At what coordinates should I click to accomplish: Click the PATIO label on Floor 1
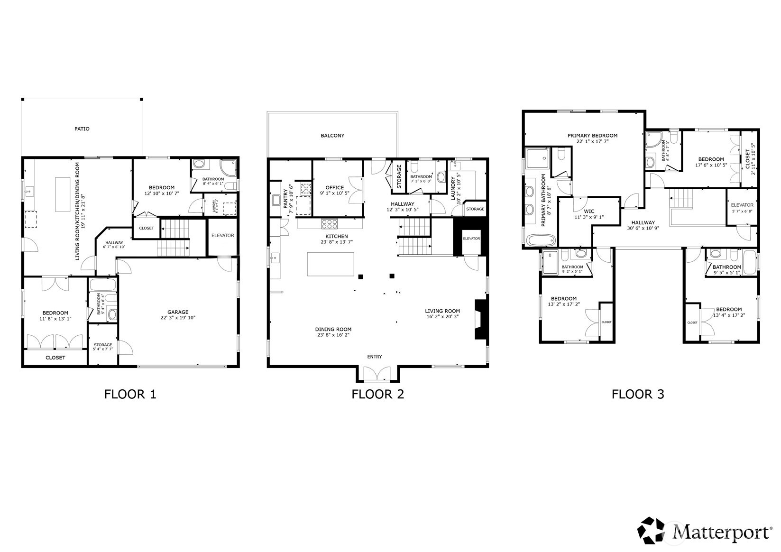tap(82, 129)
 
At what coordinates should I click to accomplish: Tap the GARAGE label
tap(178, 312)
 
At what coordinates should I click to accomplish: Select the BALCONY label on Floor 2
tap(332, 136)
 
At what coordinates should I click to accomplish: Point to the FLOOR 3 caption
tap(638, 394)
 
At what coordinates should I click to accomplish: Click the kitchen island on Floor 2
tap(331, 264)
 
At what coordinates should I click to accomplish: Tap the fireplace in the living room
tap(481, 319)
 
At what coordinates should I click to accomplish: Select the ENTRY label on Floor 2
tap(374, 357)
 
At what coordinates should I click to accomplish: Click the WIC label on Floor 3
tap(589, 212)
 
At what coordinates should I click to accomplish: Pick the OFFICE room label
tap(334, 187)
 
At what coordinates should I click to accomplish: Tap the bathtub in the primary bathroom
tap(541, 240)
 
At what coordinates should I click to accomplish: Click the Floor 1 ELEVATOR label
tap(222, 235)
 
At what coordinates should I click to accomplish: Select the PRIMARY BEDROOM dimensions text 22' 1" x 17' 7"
tap(592, 141)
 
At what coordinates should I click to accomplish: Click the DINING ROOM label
tap(333, 329)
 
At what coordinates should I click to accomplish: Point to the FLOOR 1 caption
tap(130, 394)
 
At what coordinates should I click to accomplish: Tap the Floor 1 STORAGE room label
tap(102, 345)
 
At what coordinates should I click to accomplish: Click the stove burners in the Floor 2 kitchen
tap(330, 223)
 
